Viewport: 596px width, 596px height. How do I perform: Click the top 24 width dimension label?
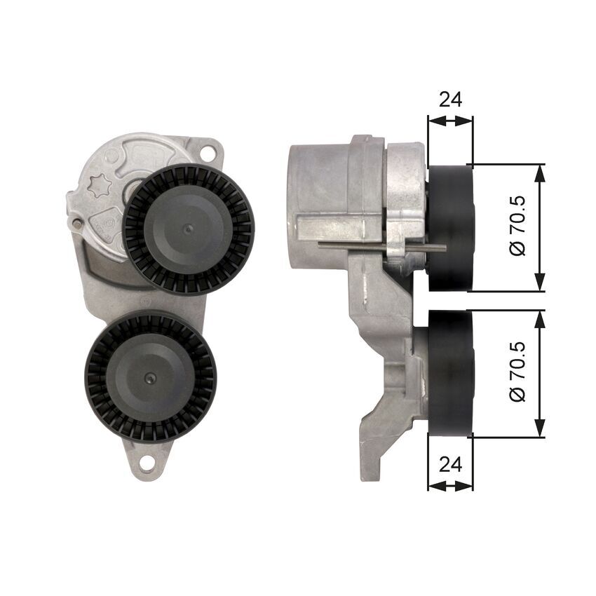point(450,100)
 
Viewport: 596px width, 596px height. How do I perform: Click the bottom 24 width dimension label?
point(450,463)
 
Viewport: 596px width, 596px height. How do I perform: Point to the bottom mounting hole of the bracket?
point(147,463)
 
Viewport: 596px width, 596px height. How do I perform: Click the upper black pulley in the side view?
point(451,228)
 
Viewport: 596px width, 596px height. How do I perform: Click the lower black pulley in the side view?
point(451,374)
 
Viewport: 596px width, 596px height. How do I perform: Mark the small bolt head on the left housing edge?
point(76,224)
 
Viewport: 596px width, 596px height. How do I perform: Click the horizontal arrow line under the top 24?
point(450,121)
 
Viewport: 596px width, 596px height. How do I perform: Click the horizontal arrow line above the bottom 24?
point(450,485)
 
